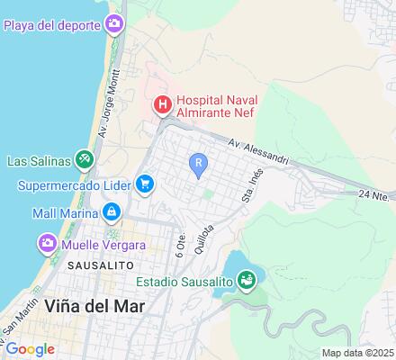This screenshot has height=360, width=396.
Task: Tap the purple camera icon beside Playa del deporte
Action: click(113, 22)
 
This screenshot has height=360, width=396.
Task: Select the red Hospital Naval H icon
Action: click(162, 105)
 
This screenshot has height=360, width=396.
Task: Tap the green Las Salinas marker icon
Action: click(84, 161)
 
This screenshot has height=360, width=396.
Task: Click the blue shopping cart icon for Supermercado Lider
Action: click(145, 184)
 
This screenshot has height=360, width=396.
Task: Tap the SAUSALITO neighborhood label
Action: click(99, 266)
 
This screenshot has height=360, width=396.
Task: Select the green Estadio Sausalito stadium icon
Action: click(248, 282)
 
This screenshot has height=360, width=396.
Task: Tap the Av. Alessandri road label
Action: click(258, 151)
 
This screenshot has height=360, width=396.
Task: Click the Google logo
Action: click(30, 348)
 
